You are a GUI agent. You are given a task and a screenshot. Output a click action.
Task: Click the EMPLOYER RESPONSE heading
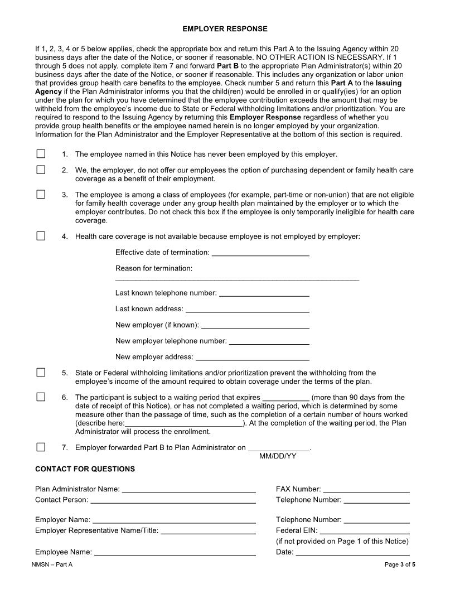tap(225, 28)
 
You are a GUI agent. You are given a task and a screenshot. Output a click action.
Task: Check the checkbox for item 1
tap(41, 154)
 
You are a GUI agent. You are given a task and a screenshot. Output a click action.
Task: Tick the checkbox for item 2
tap(41, 170)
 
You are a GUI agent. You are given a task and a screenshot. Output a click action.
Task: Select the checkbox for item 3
tap(41, 195)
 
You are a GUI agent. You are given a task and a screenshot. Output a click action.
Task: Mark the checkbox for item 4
tap(41, 236)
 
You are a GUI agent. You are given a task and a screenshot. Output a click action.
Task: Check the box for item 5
tap(41, 373)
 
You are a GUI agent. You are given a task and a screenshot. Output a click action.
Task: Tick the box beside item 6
tap(41, 397)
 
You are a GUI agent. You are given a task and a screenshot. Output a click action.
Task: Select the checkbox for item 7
tap(41, 447)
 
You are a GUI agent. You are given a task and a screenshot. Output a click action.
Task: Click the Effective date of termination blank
tap(260, 252)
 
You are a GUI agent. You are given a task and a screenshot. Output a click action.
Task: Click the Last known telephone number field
tap(264, 293)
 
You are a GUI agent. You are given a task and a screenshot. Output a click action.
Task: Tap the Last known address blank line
tap(247, 308)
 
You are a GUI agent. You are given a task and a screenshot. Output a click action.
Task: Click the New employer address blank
tap(253, 357)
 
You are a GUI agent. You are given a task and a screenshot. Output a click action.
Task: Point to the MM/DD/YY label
tap(278, 456)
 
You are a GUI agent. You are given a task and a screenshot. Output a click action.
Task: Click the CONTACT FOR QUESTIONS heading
tap(85, 469)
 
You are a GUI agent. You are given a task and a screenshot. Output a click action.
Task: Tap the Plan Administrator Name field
tap(188, 489)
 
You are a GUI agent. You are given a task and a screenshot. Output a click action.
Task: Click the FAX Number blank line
tap(366, 489)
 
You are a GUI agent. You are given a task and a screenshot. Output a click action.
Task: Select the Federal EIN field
tap(365, 530)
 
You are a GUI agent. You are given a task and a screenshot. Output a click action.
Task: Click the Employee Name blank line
tap(175, 552)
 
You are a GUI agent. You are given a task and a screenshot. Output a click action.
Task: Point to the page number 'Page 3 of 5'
tap(400, 565)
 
